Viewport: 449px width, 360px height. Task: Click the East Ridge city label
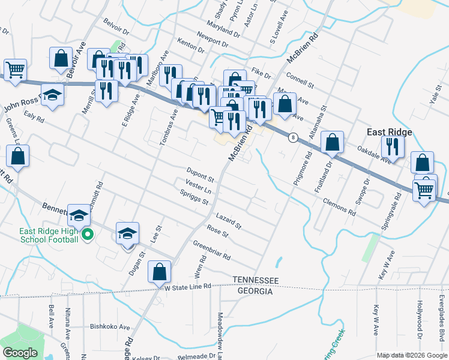(390, 133)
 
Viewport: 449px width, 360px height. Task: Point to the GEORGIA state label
(256, 291)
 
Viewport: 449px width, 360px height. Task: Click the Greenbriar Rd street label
(211, 250)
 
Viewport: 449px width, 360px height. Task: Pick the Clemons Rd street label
(339, 205)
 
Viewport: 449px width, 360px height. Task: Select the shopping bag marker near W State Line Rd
(160, 271)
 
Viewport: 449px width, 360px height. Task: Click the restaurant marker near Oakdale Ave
(392, 146)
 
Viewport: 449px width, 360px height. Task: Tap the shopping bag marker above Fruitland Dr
(332, 142)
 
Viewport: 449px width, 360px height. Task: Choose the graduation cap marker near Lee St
(127, 233)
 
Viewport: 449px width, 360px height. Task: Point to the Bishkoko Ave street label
(110, 328)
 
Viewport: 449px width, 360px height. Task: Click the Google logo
(20, 353)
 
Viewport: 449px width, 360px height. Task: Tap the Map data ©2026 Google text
(412, 355)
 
